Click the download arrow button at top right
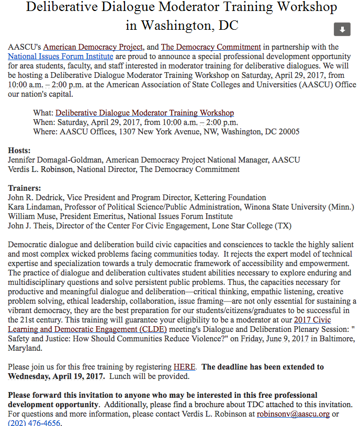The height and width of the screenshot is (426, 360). click(342, 29)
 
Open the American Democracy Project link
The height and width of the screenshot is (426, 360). click(99, 47)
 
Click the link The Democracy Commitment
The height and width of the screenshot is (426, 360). click(211, 47)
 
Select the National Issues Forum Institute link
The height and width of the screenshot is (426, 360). click(61, 56)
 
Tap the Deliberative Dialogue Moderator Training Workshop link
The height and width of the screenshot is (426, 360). click(144, 113)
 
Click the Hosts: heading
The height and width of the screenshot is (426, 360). click(19, 151)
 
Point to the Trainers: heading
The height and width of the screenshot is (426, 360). click(25, 188)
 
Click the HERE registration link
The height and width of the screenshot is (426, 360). click(185, 367)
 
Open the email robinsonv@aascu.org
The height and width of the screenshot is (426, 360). click(293, 414)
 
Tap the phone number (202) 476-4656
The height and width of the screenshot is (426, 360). click(35, 423)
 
